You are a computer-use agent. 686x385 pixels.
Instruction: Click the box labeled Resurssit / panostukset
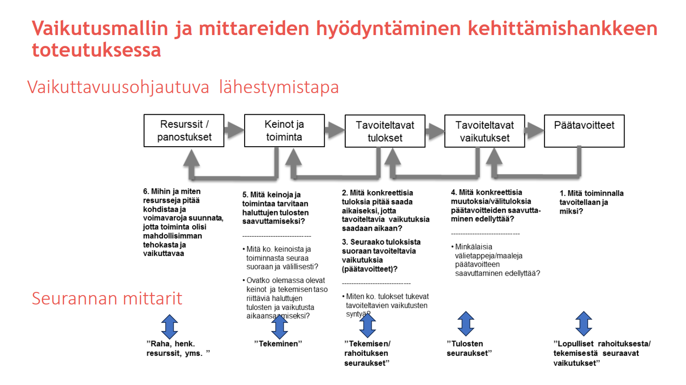pyautogui.click(x=184, y=130)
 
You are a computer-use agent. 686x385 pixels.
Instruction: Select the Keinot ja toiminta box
pyautogui.click(x=284, y=130)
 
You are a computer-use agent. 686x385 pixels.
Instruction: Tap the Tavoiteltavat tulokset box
pyautogui.click(x=385, y=131)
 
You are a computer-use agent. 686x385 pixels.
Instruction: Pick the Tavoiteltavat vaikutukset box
pyautogui.click(x=484, y=131)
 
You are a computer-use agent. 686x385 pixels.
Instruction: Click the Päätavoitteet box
pyautogui.click(x=584, y=131)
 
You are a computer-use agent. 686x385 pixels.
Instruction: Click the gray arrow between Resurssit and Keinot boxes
pyautogui.click(x=233, y=130)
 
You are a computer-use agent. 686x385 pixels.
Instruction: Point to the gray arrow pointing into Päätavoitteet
pyautogui.click(x=534, y=130)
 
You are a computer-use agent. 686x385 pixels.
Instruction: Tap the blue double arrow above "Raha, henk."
pyautogui.click(x=169, y=327)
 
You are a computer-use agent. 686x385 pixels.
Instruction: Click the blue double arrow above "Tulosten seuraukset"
pyautogui.click(x=466, y=324)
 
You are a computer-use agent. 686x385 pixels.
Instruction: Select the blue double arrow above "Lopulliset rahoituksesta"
pyautogui.click(x=584, y=324)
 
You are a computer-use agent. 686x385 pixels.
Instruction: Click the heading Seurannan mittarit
pyautogui.click(x=107, y=299)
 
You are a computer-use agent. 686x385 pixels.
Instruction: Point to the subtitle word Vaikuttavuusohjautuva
pyautogui.click(x=118, y=87)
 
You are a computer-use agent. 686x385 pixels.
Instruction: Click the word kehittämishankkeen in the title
pyautogui.click(x=562, y=28)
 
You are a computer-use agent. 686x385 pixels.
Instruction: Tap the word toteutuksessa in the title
pyautogui.click(x=97, y=50)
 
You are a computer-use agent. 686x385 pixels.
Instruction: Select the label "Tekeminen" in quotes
pyautogui.click(x=278, y=344)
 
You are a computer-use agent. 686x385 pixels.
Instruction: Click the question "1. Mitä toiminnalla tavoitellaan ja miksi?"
pyautogui.click(x=591, y=202)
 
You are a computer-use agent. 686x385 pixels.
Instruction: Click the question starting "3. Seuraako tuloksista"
pyautogui.click(x=381, y=255)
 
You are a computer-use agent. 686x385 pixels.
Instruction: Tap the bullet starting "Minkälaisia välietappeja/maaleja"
pyautogui.click(x=497, y=260)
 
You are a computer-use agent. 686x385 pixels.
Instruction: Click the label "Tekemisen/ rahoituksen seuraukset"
pyautogui.click(x=367, y=353)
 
